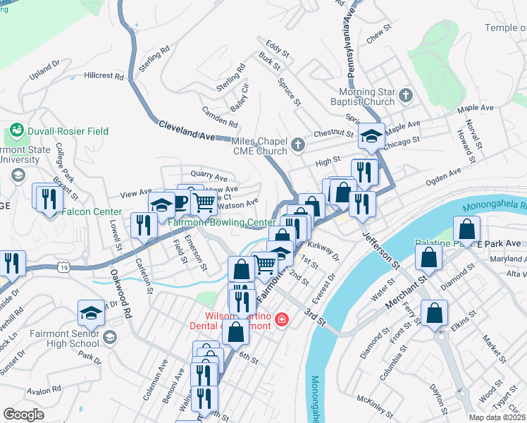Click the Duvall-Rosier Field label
click(68, 131)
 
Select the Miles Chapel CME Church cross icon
click(298, 145)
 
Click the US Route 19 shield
click(63, 268)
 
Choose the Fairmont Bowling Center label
click(222, 222)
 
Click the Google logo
click(23, 415)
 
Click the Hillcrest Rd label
click(104, 75)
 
